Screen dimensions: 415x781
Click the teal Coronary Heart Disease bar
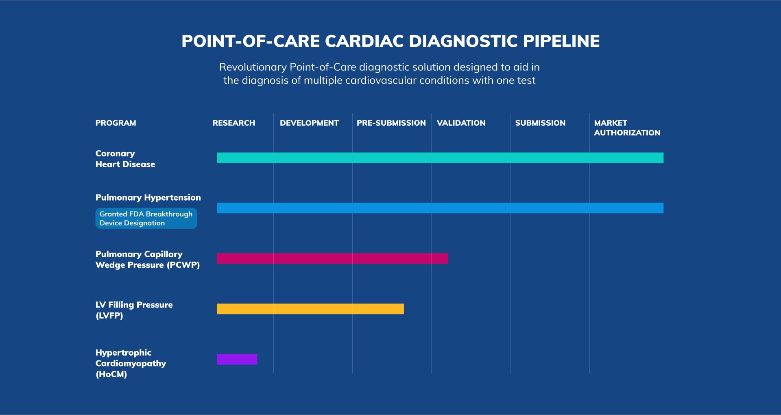tap(440, 158)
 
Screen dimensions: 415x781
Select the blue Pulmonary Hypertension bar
tap(440, 208)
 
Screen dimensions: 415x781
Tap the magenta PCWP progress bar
tap(332, 258)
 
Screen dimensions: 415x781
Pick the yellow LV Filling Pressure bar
tap(310, 309)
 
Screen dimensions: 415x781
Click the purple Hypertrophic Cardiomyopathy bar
tap(237, 359)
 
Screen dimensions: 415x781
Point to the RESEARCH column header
tap(233, 123)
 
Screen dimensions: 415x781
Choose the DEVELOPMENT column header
tap(309, 123)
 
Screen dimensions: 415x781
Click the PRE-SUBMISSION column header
tap(391, 123)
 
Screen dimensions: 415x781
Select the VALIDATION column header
tap(461, 123)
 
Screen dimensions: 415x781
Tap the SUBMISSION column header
tap(540, 123)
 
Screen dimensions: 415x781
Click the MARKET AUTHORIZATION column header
tap(627, 128)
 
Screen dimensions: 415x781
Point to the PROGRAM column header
tap(116, 123)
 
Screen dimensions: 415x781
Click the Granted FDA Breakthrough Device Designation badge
tap(146, 218)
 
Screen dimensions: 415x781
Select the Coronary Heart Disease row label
tap(125, 159)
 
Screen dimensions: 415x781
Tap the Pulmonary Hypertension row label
tap(148, 197)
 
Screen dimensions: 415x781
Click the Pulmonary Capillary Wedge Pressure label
tap(147, 260)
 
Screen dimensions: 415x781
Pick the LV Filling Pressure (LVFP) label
tap(134, 310)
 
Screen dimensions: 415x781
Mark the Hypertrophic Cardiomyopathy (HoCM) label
tap(131, 363)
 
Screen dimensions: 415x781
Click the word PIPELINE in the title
tap(561, 41)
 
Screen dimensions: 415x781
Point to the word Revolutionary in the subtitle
tap(253, 67)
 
